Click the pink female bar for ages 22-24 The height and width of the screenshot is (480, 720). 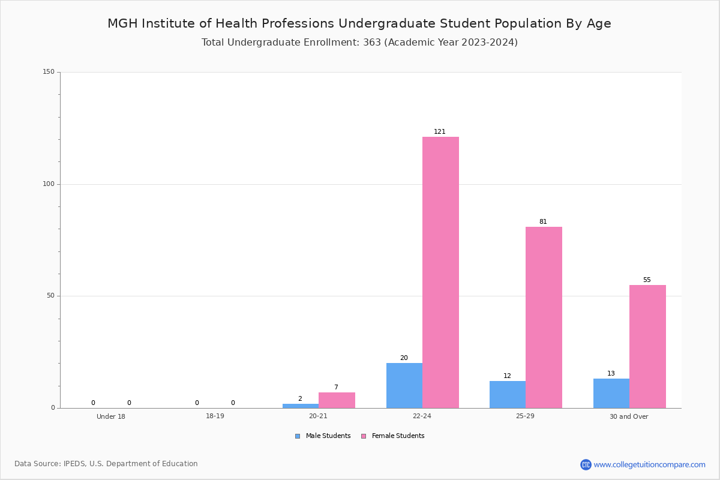click(x=440, y=272)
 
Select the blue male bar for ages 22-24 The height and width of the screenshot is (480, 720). click(x=404, y=385)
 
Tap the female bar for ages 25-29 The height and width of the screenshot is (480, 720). click(x=544, y=317)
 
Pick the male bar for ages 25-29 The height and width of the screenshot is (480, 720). click(x=508, y=394)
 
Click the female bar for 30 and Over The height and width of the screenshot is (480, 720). click(x=647, y=347)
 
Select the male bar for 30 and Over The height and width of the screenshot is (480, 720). click(x=611, y=393)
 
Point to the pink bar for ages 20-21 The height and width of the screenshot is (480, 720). click(x=337, y=400)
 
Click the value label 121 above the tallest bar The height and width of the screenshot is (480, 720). click(x=439, y=131)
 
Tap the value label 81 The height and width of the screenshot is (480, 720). click(x=543, y=221)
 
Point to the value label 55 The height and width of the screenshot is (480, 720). click(x=647, y=280)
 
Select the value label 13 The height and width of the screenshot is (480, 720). click(x=611, y=373)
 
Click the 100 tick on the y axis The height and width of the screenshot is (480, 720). click(x=49, y=184)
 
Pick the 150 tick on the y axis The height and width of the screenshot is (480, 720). click(x=49, y=71)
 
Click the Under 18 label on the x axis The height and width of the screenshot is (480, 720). click(x=111, y=416)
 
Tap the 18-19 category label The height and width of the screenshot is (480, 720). click(x=215, y=416)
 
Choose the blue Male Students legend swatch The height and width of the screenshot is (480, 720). click(x=298, y=436)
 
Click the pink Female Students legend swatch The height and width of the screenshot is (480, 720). click(x=364, y=436)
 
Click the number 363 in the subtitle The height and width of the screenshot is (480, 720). click(x=372, y=42)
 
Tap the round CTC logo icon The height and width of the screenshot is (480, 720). click(x=586, y=464)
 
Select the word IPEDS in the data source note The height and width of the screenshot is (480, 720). click(x=74, y=464)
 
